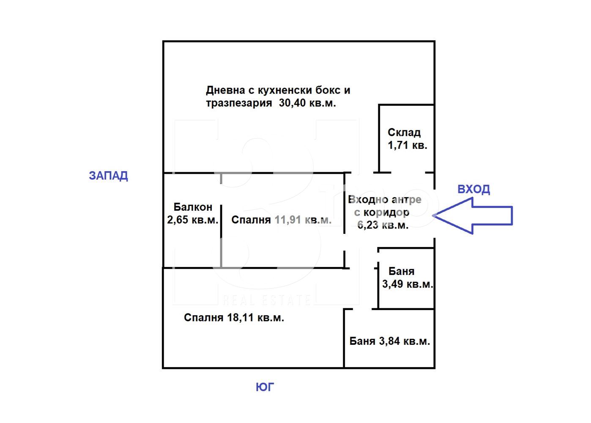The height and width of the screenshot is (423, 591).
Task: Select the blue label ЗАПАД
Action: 109,176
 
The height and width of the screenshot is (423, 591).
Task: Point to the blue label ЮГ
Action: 265,387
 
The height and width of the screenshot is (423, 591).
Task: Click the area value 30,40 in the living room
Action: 292,103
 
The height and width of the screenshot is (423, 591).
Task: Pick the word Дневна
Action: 226,90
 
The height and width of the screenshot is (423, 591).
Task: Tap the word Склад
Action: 404,132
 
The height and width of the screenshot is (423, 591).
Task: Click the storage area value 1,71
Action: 398,145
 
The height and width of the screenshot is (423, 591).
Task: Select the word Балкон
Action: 193,207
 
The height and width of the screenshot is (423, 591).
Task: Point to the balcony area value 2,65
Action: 178,220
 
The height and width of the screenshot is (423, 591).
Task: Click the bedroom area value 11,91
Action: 288,220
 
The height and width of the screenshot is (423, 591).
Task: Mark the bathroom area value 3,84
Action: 389,341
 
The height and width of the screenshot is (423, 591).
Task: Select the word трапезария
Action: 239,103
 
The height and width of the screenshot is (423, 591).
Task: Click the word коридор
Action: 386,212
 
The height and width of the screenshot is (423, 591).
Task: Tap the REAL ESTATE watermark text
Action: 266,300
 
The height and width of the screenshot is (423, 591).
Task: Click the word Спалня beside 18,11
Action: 203,318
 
